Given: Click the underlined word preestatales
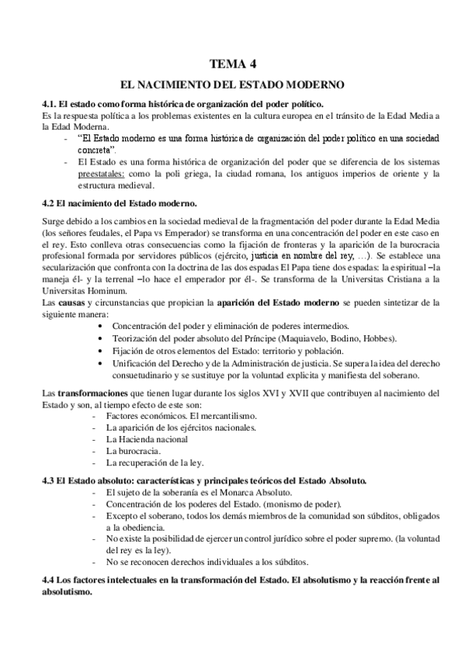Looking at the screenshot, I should point(102,175).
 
